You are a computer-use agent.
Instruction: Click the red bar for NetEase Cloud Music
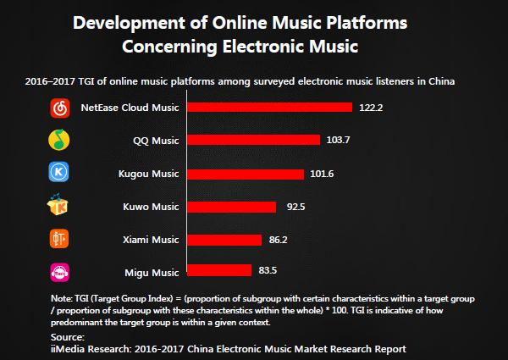[x=268, y=108]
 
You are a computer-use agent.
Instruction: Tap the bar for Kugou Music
[x=244, y=174]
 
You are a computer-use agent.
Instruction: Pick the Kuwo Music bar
[x=230, y=207]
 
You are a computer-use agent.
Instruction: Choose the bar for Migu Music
[x=218, y=272]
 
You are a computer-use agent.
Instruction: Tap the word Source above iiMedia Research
[x=68, y=338]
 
